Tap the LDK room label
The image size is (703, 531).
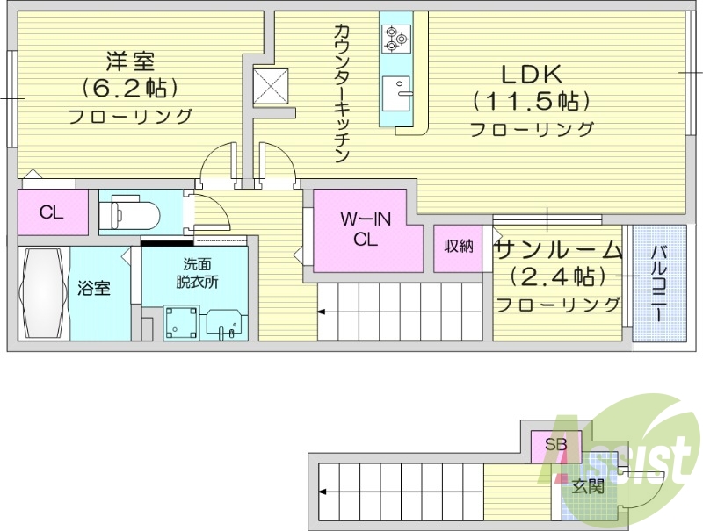(532, 74)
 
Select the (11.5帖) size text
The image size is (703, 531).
(531, 101)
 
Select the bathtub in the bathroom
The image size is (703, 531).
(42, 294)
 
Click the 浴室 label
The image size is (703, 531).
(93, 287)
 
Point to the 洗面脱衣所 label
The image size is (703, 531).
(196, 273)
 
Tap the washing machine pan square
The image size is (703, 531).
(180, 322)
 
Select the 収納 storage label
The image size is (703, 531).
(458, 247)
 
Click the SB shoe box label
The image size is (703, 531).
(555, 444)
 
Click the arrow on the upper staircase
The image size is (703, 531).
(323, 310)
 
